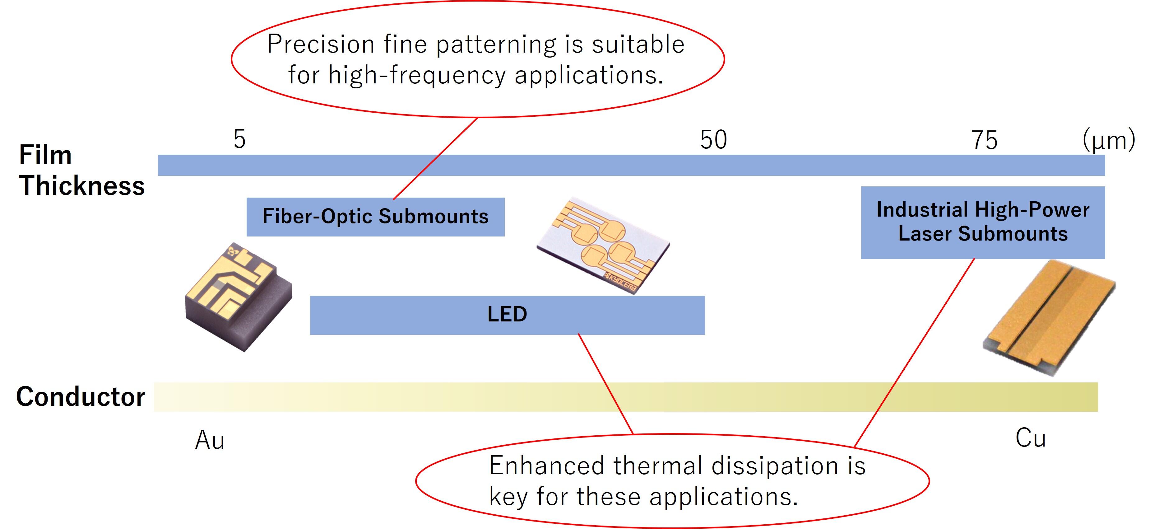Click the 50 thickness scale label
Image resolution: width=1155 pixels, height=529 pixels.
[713, 140]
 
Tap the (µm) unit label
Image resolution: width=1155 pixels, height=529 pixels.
[1108, 140]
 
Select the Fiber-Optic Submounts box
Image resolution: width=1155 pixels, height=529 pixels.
[375, 217]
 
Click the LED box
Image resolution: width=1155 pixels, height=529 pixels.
[507, 315]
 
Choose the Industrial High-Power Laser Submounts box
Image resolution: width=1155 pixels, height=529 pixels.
[982, 222]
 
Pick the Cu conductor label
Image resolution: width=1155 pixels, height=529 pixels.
[1030, 438]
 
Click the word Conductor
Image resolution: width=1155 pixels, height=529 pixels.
[81, 397]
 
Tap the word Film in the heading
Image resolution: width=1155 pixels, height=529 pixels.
[45, 155]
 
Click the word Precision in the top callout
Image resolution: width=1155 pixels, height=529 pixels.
[321, 44]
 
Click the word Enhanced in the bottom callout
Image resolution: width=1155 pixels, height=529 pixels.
[546, 466]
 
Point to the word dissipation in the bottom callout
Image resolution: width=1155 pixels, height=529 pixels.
[775, 466]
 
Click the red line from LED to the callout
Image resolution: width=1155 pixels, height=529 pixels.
[605, 384]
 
